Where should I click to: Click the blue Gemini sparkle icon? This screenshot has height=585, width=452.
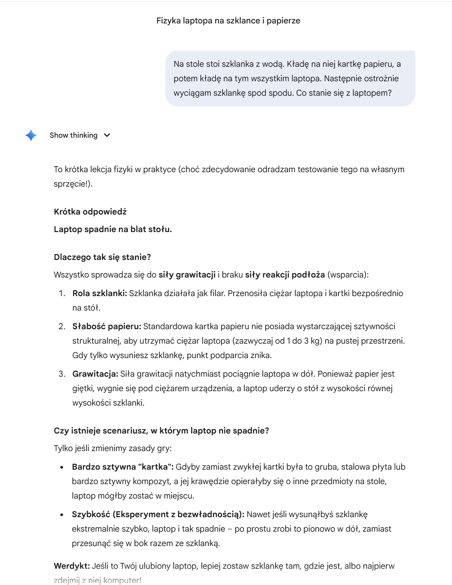(31, 135)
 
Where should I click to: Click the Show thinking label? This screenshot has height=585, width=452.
(73, 135)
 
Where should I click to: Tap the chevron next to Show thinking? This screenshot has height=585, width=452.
(107, 135)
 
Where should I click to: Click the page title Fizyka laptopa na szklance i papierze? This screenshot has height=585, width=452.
(228, 21)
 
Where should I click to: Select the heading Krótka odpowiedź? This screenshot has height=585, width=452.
(90, 212)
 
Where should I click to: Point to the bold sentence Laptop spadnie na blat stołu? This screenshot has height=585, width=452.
(113, 229)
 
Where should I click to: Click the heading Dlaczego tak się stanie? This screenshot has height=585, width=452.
(102, 257)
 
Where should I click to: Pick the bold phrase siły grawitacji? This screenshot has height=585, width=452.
(187, 275)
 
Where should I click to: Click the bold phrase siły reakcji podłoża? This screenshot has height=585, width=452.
(285, 275)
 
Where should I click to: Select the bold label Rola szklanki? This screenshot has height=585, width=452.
(100, 293)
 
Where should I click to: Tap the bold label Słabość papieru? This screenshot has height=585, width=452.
(107, 326)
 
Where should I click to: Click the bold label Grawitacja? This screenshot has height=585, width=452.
(95, 374)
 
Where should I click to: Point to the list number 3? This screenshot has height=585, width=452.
(62, 374)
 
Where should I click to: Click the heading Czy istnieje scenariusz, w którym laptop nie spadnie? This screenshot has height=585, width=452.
(161, 431)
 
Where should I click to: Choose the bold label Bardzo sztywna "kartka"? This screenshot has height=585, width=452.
(123, 467)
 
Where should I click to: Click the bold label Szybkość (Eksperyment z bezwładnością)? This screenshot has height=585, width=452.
(158, 514)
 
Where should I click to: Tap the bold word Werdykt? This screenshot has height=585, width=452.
(72, 566)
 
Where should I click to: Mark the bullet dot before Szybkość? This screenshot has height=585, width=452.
(62, 515)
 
